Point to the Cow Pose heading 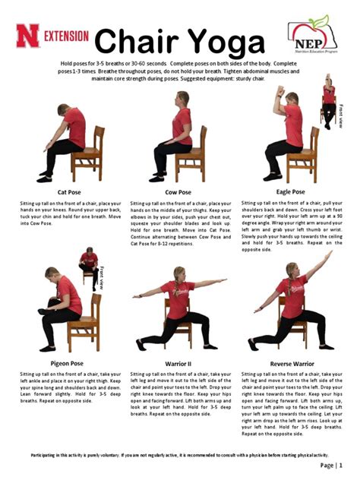coord(180,191)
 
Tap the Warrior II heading coord(180,364)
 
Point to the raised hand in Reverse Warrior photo coord(330,254)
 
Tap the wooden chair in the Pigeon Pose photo coord(85,323)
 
